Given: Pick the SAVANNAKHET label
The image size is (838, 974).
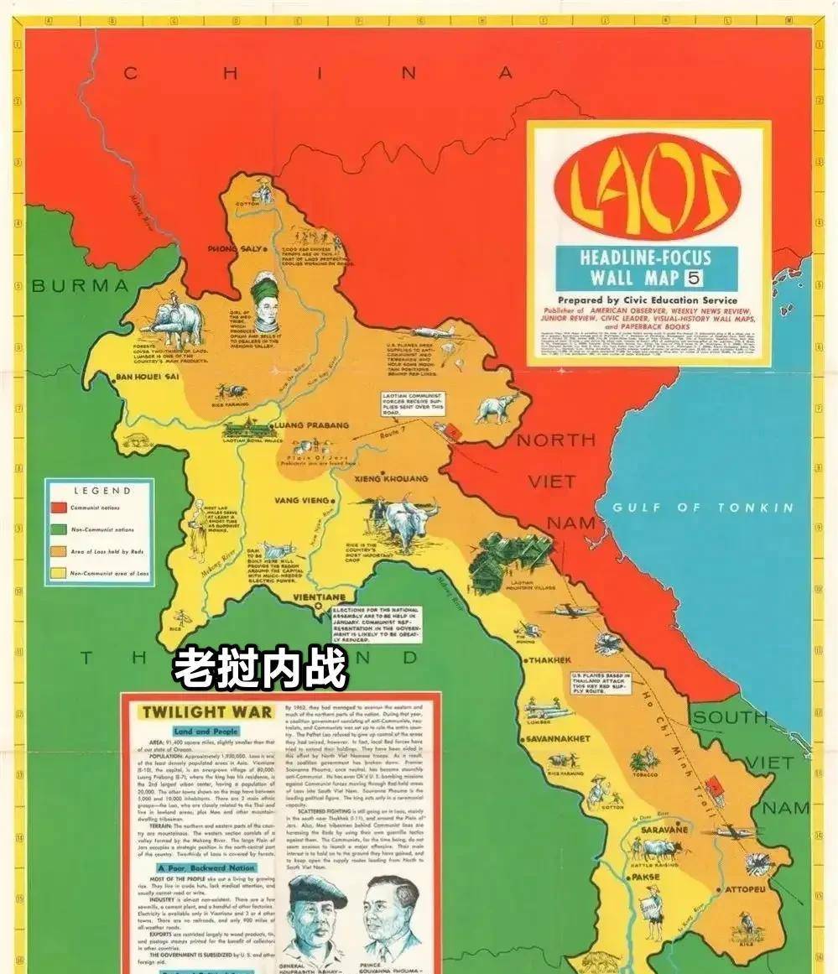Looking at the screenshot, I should coord(558,739).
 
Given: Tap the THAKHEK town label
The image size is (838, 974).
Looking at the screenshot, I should coord(549,660).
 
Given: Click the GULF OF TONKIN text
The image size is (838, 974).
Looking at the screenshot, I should coord(702,508).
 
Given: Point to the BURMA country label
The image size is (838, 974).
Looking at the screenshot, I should coord(81,286).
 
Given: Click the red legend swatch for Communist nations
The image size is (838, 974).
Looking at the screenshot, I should coord(59,508).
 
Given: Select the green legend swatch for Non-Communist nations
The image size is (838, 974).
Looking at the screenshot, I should coord(59,529).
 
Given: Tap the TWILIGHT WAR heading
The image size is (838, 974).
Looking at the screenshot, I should coord(206,712).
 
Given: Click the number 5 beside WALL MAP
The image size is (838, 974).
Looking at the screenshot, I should coord(695,279).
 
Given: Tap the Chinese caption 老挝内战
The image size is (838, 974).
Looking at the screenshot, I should coord(259,669).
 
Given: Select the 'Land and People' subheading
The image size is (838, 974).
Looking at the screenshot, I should coord(206,732).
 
